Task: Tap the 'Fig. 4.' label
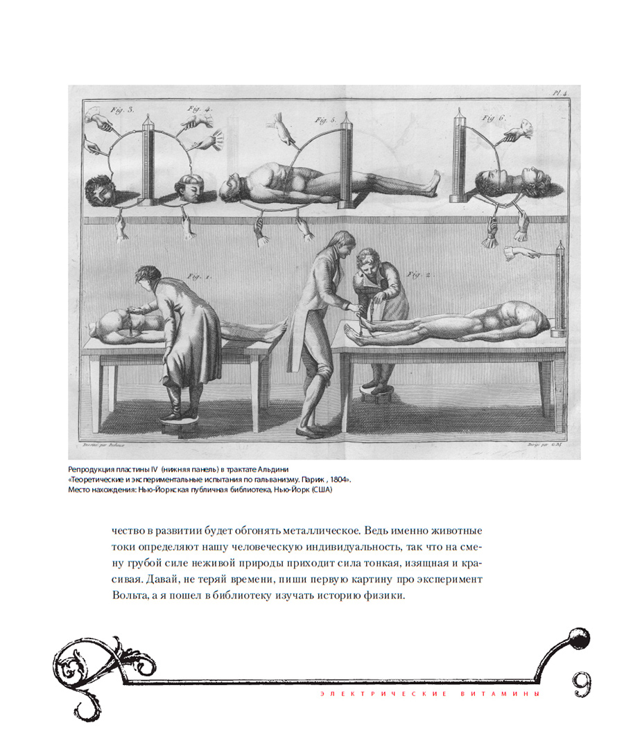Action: [199, 108]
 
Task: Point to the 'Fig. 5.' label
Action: [325, 120]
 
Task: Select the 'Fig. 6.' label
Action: [492, 117]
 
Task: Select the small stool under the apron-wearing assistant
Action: [377, 392]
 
